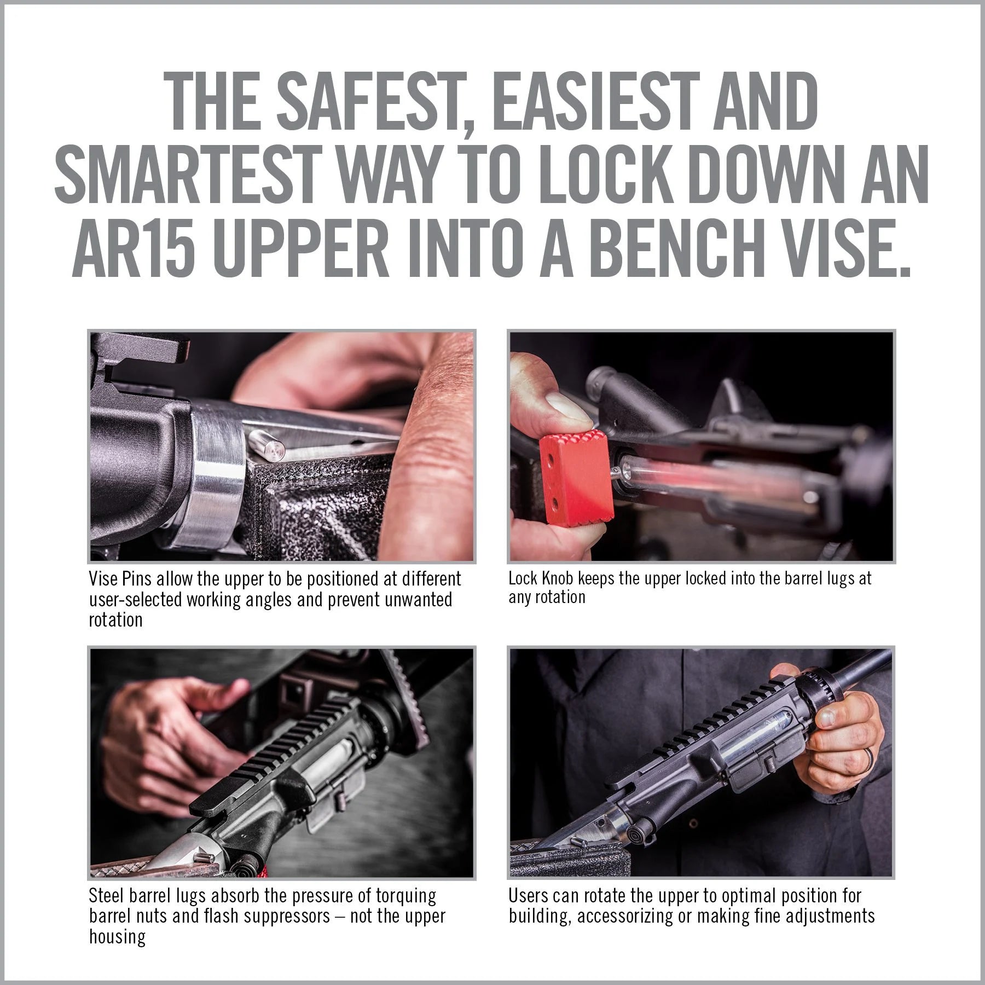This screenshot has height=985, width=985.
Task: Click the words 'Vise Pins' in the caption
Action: pyautogui.click(x=126, y=579)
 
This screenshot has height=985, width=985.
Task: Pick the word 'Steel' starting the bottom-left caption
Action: pyautogui.click(x=107, y=896)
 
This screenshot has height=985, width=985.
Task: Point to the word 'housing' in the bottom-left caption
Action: pyautogui.click(x=117, y=937)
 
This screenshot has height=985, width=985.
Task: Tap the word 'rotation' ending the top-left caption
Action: pyautogui.click(x=116, y=620)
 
